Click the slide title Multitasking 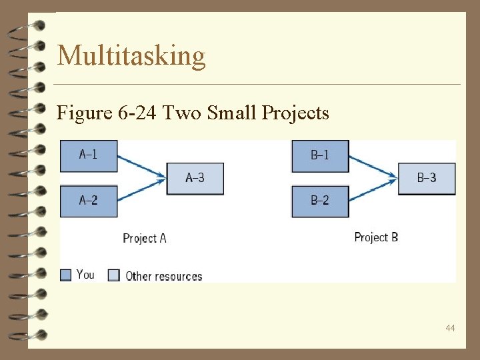pyautogui.click(x=131, y=55)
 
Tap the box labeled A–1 pyautogui.click(x=89, y=155)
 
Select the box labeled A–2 pyautogui.click(x=89, y=201)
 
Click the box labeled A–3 pyautogui.click(x=195, y=178)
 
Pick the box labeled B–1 pyautogui.click(x=320, y=155)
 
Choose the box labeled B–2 pyautogui.click(x=320, y=201)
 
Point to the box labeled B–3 pyautogui.click(x=427, y=178)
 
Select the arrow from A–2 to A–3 pyautogui.click(x=141, y=189)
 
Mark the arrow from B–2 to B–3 pyautogui.click(x=373, y=189)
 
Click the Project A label pyautogui.click(x=145, y=238)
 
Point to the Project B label pyautogui.click(x=376, y=237)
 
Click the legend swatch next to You pyautogui.click(x=65, y=275)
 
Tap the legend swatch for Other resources pyautogui.click(x=114, y=275)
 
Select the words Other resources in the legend pyautogui.click(x=163, y=276)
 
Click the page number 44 pyautogui.click(x=451, y=328)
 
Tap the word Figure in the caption pyautogui.click(x=82, y=113)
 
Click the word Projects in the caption pyautogui.click(x=296, y=113)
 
